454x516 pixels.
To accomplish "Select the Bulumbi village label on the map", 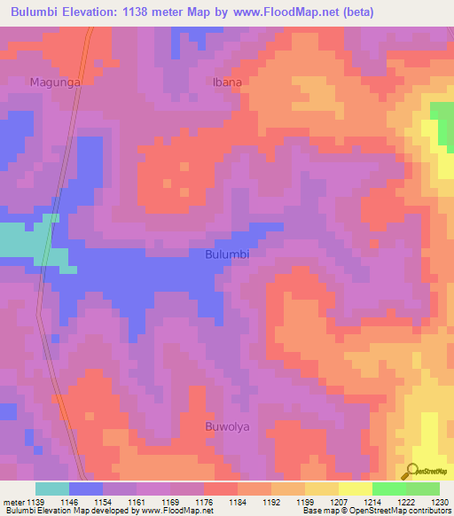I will click(x=227, y=254).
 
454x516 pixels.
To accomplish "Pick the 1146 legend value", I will click(x=69, y=502).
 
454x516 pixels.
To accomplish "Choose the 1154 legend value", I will click(x=103, y=502).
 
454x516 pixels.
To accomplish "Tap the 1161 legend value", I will click(x=137, y=502).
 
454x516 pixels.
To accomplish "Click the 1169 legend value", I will click(x=170, y=502).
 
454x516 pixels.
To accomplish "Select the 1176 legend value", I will click(x=204, y=502).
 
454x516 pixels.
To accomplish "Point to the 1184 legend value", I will click(x=238, y=502).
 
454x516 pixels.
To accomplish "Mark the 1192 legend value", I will click(x=271, y=502).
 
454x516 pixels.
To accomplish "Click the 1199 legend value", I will click(x=305, y=502).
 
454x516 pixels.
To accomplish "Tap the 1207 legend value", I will click(x=339, y=502).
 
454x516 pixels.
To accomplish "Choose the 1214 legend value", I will click(x=372, y=502).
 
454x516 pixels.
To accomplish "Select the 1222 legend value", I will click(x=406, y=502).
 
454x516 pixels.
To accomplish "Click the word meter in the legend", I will click(x=13, y=502).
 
